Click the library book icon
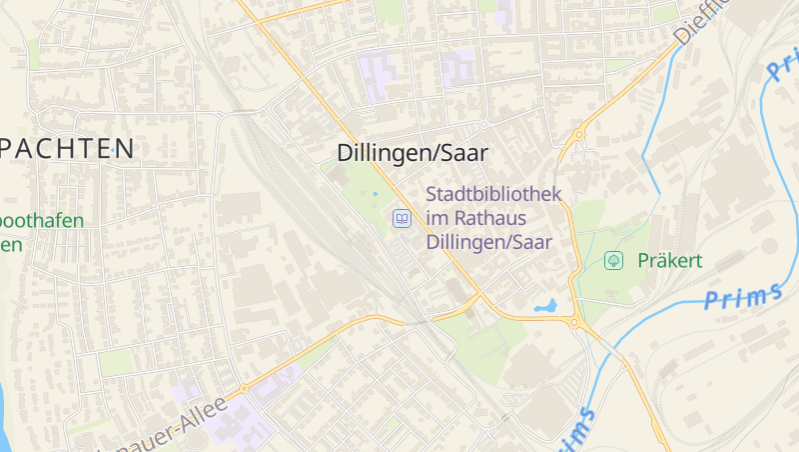click(x=401, y=218)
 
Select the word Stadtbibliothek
click(x=493, y=194)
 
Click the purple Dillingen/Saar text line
click(x=488, y=242)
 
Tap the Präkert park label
click(x=670, y=261)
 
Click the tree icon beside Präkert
click(x=613, y=261)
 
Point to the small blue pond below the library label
click(x=545, y=306)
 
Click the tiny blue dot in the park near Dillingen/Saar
click(x=376, y=193)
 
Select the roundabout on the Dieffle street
click(x=579, y=134)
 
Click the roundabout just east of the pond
click(x=576, y=322)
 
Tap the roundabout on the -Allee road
click(x=244, y=388)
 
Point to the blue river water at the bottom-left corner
click(x=4, y=420)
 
